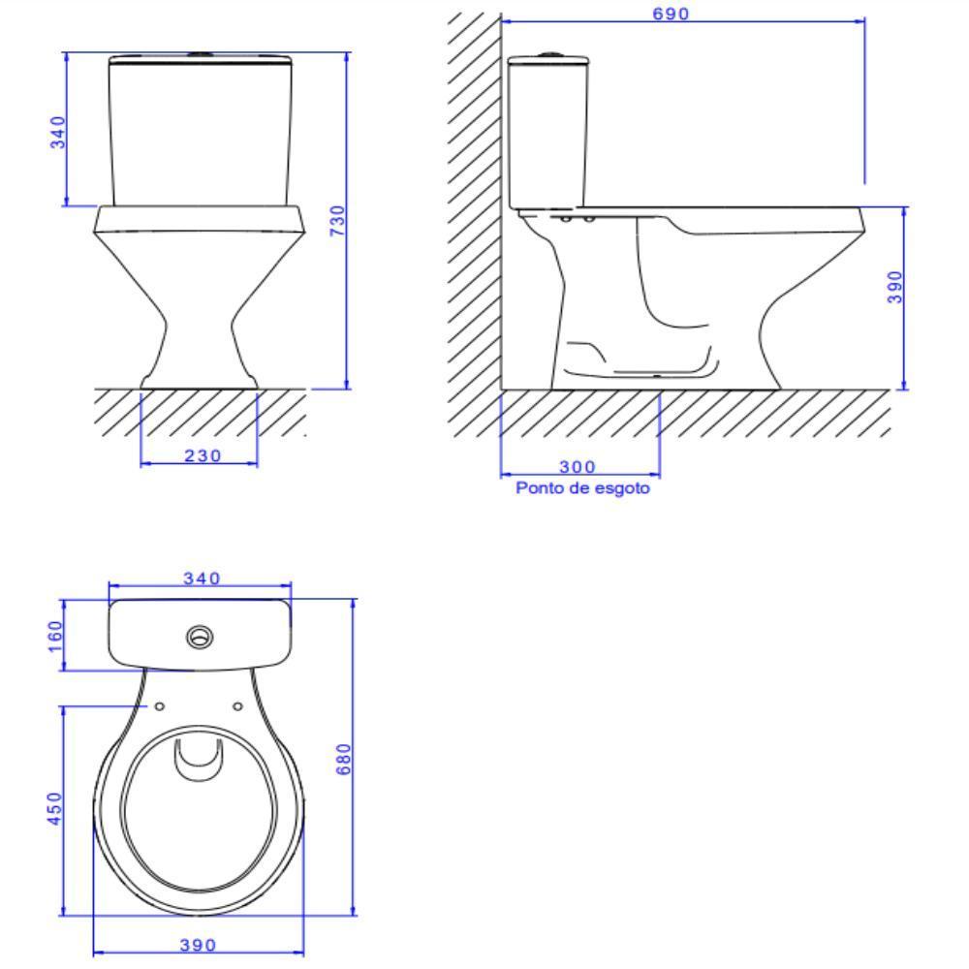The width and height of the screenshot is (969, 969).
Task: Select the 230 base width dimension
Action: click(201, 454)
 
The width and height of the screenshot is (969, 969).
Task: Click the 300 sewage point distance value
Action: click(578, 468)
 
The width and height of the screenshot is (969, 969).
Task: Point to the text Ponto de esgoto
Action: click(582, 489)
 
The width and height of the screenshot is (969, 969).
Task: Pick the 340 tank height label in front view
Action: click(57, 132)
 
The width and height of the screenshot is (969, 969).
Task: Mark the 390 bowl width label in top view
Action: click(200, 945)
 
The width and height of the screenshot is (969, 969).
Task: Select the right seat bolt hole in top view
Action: click(238, 705)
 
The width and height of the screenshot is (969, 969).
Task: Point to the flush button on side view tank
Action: click(547, 55)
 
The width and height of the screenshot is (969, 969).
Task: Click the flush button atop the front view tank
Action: click(201, 55)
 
